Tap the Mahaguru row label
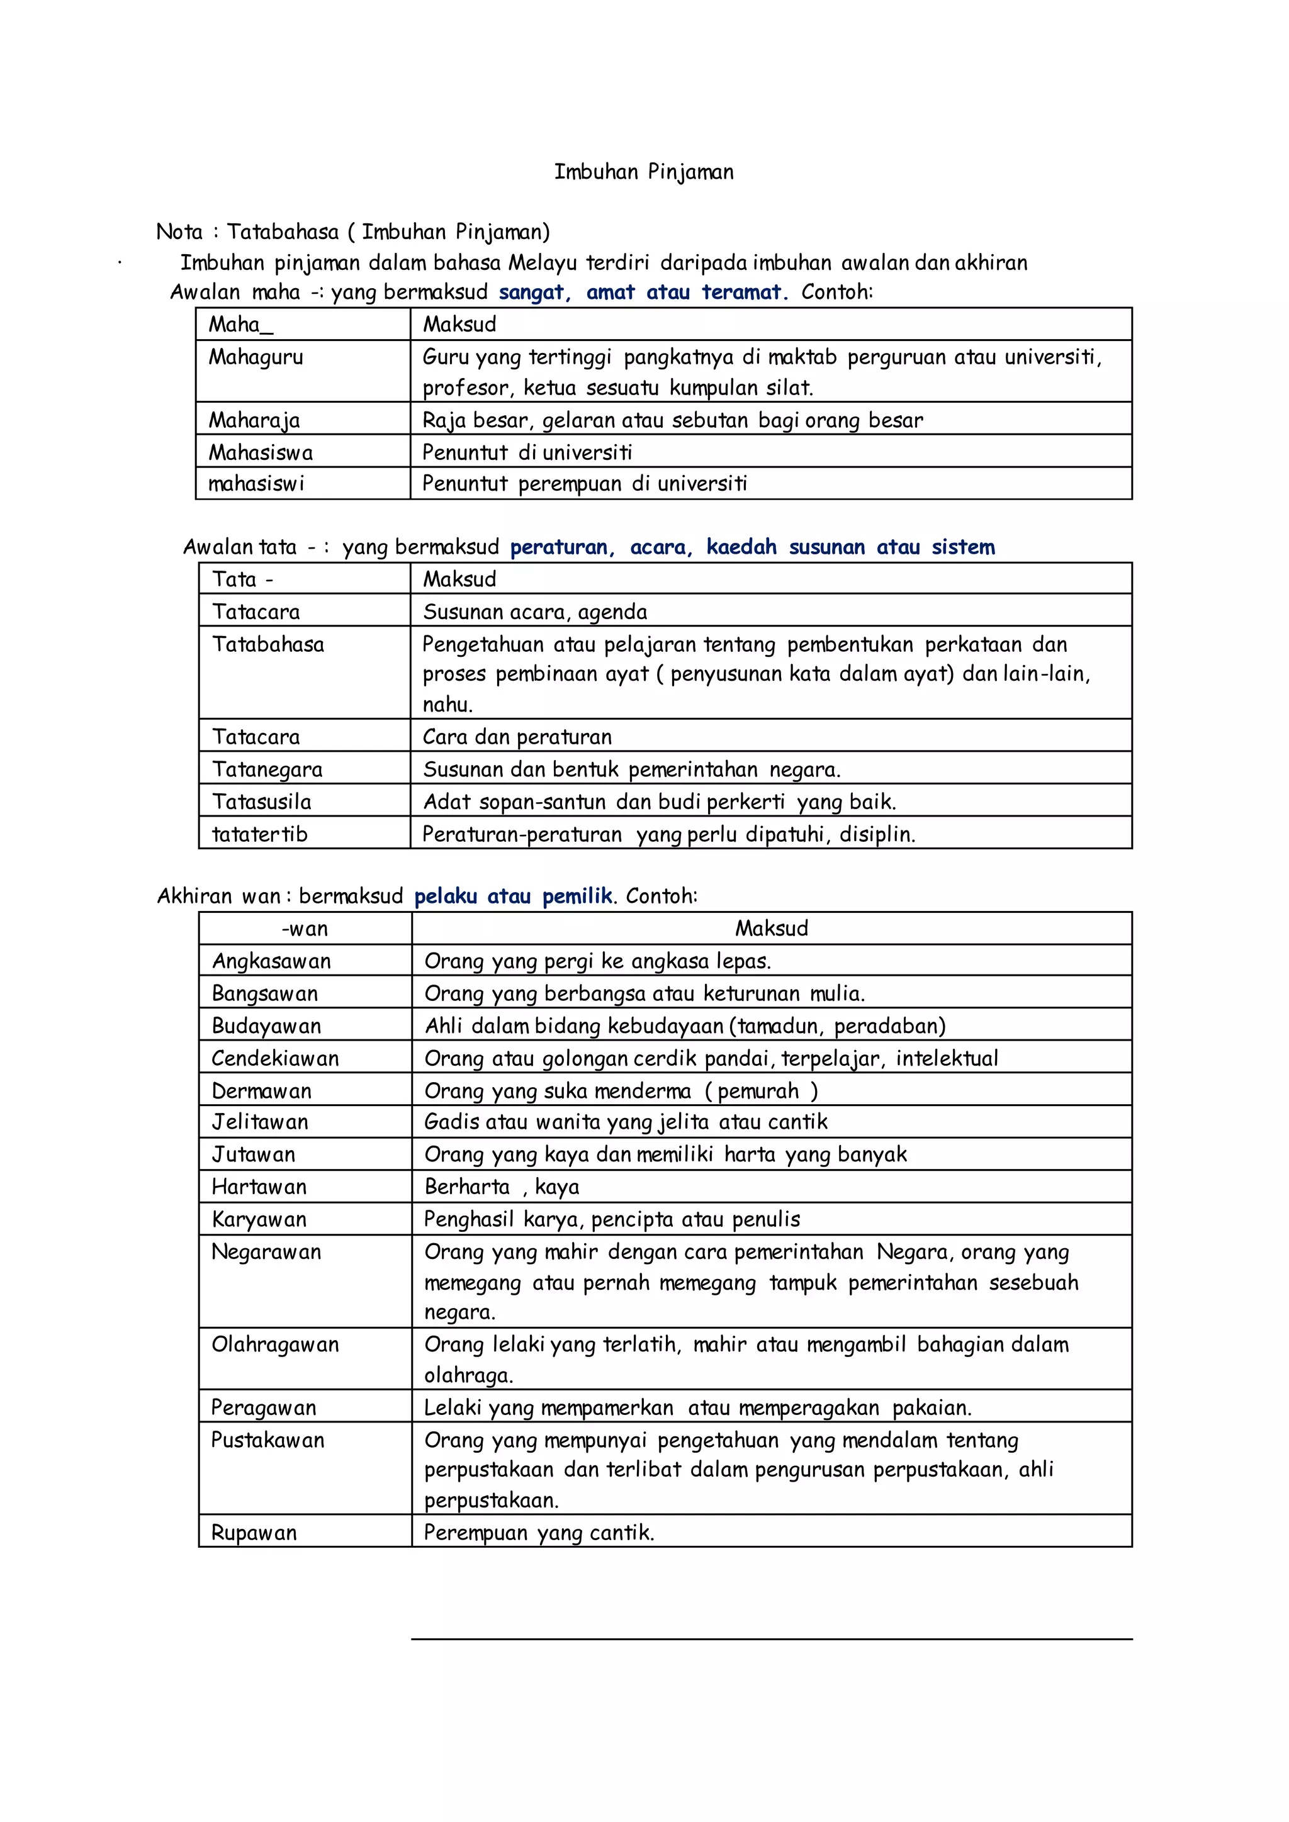tap(256, 357)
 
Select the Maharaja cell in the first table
tap(254, 420)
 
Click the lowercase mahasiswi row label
tap(256, 483)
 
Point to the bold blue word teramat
tap(742, 292)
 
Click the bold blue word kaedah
tap(741, 547)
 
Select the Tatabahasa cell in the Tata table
tap(268, 644)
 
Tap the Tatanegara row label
tap(267, 769)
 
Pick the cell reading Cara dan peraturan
tap(517, 737)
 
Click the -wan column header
tap(305, 929)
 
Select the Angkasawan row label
tap(271, 961)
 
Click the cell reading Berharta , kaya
tap(502, 1187)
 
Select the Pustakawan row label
tap(268, 1440)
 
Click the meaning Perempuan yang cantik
tap(539, 1533)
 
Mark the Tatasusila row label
tap(262, 802)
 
